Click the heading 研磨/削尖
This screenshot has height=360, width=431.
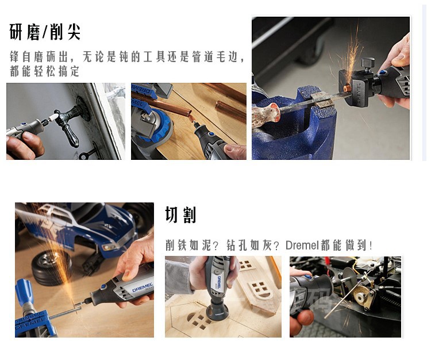pos(45,32)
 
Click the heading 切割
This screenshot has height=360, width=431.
pos(180,215)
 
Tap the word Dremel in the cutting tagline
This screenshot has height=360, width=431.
pos(302,245)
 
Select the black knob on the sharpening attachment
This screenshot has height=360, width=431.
pos(368,64)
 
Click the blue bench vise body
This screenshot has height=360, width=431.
pos(292,127)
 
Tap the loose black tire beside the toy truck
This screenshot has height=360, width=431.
pos(51,267)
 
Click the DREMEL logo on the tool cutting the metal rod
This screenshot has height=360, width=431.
pos(143,287)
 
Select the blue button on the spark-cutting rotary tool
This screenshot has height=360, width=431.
pos(103,287)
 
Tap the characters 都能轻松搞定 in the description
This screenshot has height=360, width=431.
pos(44,71)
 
